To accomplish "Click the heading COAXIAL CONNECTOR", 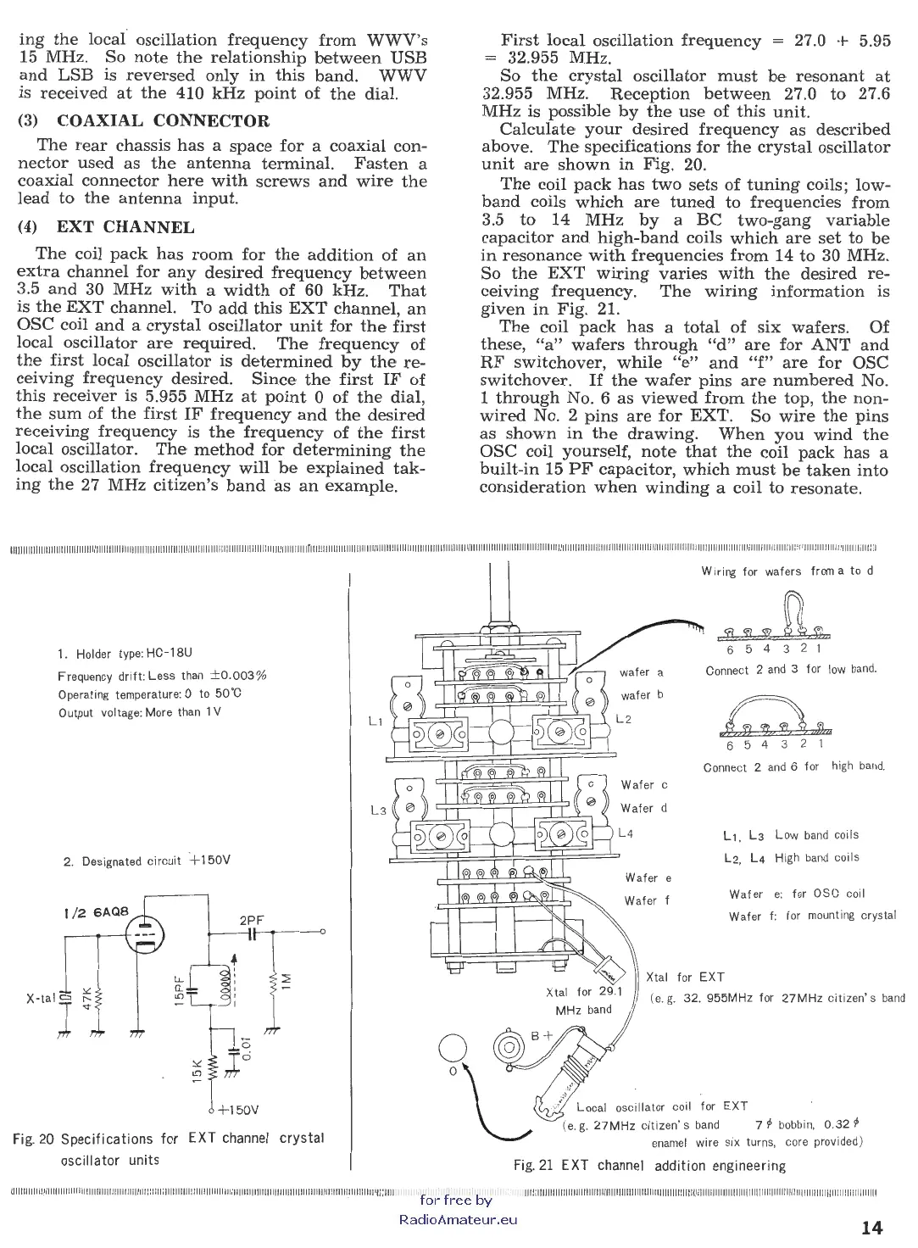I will (x=162, y=121).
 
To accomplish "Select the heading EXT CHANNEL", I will (x=125, y=227).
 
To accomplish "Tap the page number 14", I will (x=872, y=1227).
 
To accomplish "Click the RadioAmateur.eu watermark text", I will (x=457, y=1220).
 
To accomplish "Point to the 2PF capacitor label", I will (x=253, y=919).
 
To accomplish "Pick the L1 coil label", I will (x=376, y=721).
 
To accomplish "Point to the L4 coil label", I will (x=626, y=833).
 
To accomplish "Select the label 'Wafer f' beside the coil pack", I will (x=647, y=900).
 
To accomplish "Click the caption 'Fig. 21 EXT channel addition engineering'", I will (x=649, y=1166).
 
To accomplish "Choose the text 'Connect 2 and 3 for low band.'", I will (x=791, y=670).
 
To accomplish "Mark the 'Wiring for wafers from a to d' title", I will (x=787, y=571).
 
